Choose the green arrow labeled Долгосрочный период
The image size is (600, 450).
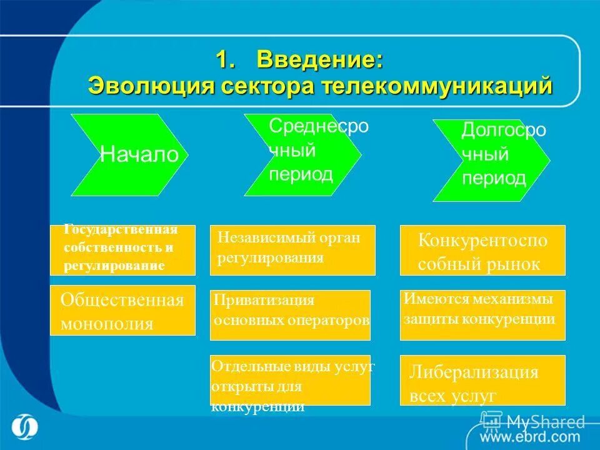pos(491,160)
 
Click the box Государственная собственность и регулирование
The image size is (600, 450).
pos(122,250)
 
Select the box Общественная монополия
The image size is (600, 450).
pos(122,310)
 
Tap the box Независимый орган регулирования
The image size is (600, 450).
pos(292,250)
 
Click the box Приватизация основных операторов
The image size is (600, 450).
pos(290,314)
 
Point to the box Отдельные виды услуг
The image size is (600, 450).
pos(290,380)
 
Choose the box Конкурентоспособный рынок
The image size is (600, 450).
pos(482,250)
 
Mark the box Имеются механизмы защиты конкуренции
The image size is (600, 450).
pos(482,314)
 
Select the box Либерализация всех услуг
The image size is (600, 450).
pos(482,380)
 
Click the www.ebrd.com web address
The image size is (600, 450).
pos(530,436)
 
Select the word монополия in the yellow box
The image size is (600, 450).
pos(107,324)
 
